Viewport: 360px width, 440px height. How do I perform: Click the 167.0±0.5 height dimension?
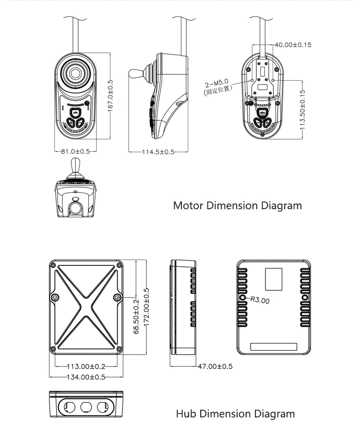click(x=110, y=95)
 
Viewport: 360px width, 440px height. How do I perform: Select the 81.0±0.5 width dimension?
click(x=75, y=152)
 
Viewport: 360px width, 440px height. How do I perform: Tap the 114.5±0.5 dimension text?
click(x=158, y=152)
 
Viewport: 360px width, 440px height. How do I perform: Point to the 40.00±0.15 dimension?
click(x=293, y=45)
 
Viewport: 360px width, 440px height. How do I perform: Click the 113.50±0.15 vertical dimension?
click(x=302, y=110)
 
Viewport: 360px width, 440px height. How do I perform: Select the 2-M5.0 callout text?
click(x=217, y=83)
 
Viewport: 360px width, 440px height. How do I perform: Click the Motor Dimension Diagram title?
click(x=237, y=206)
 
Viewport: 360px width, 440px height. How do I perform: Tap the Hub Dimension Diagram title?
click(x=235, y=414)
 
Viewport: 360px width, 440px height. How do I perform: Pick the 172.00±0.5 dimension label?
click(x=146, y=308)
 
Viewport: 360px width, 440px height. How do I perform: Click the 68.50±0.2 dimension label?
click(x=136, y=317)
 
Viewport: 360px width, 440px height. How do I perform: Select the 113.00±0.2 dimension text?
click(x=86, y=367)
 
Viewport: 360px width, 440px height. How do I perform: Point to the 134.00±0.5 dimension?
click(x=86, y=377)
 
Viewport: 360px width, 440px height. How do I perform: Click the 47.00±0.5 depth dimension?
click(x=216, y=367)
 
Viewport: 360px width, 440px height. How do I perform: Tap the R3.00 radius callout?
click(x=260, y=300)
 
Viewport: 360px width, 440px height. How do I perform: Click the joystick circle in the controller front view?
click(x=75, y=73)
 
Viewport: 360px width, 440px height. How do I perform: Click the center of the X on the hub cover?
click(x=86, y=307)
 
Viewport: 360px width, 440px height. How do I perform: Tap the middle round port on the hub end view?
click(x=86, y=407)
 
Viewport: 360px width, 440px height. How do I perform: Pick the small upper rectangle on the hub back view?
click(x=274, y=279)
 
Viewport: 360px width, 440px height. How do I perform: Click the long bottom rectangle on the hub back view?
click(x=274, y=346)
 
